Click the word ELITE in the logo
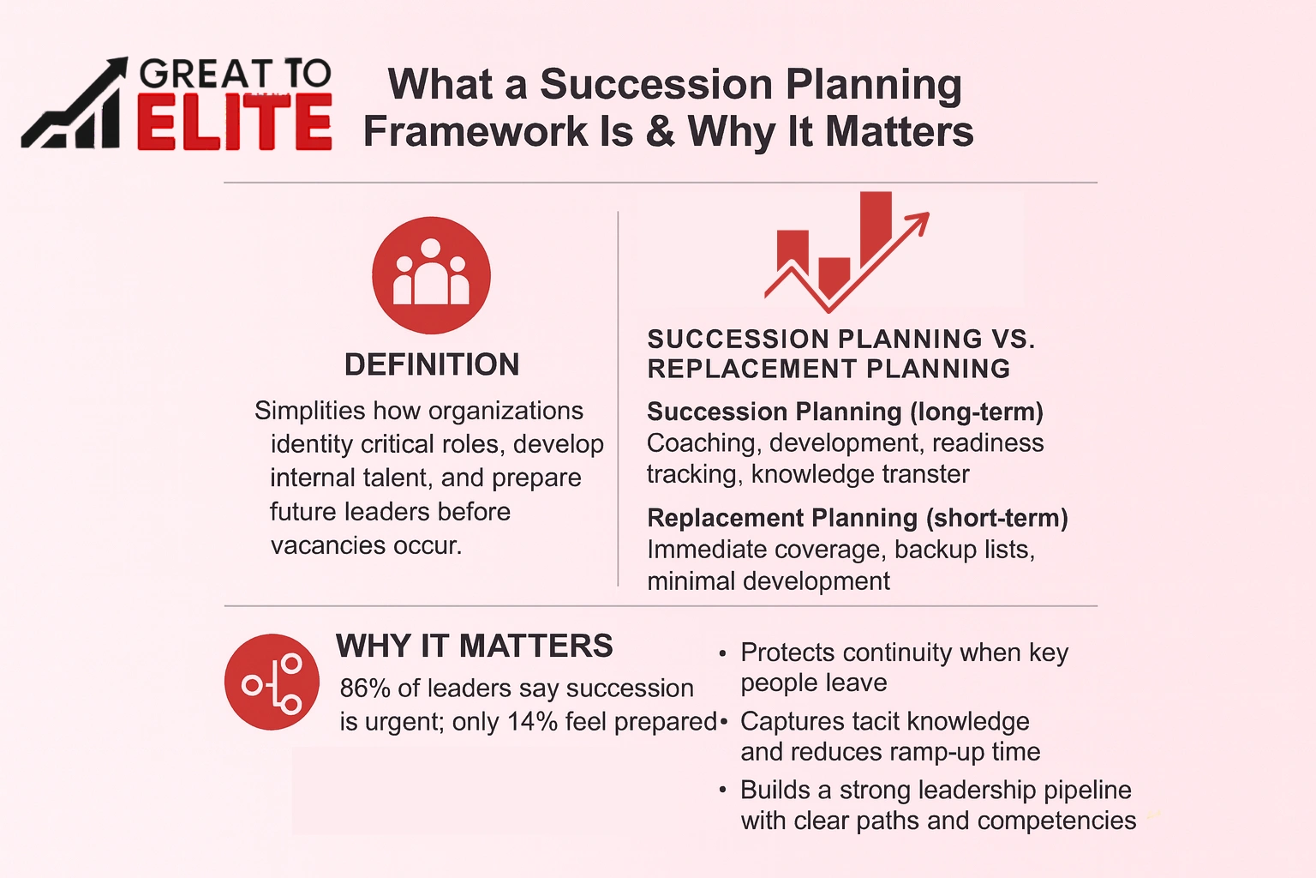[234, 123]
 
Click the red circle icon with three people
[431, 275]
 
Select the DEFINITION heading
[432, 364]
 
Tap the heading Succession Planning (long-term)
[845, 412]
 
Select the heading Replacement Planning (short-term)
[857, 518]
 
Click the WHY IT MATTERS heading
[475, 646]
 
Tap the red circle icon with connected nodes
[272, 683]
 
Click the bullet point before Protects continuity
[723, 654]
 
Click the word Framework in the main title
[476, 132]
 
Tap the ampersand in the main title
[661, 132]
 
